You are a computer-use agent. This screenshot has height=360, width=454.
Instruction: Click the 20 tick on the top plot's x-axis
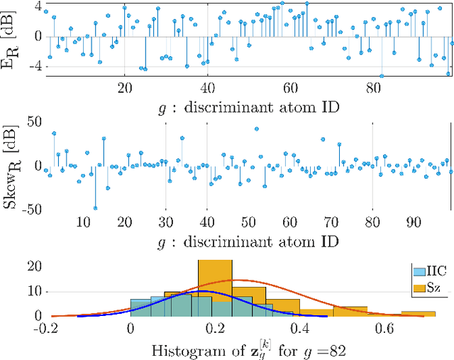125,88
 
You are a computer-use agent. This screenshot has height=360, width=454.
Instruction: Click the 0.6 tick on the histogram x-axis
385,329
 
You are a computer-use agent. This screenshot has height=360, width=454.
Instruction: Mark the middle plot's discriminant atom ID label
248,240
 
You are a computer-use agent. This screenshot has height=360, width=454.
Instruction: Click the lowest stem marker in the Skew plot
95,208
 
